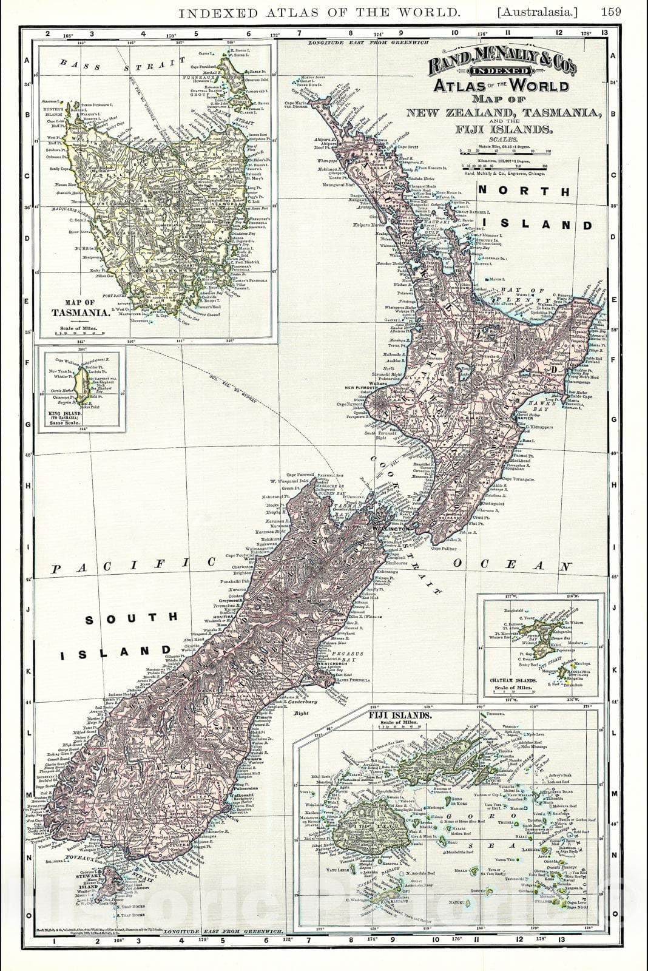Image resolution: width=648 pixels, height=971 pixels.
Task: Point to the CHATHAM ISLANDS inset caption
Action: [513, 681]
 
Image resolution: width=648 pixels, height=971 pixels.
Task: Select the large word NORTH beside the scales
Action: [524, 191]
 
